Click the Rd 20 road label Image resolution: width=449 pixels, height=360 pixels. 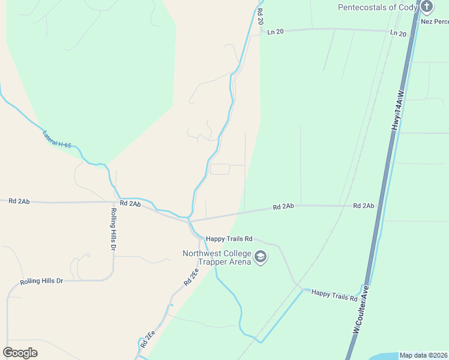coord(260,16)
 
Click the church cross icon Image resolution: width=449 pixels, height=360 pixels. coord(427,7)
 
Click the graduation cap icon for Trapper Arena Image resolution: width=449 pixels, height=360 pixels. coord(261,257)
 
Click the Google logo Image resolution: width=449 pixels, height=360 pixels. coord(20,353)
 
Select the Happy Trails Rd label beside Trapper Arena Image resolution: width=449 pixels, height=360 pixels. coord(229,239)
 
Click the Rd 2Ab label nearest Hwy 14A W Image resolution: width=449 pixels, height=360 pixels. coord(364,206)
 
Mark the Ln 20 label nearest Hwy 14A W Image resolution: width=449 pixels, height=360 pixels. coord(398,34)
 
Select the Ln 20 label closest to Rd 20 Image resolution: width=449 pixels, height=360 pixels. coord(276,31)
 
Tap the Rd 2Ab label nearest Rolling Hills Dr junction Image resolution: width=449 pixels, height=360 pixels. coord(130,204)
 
